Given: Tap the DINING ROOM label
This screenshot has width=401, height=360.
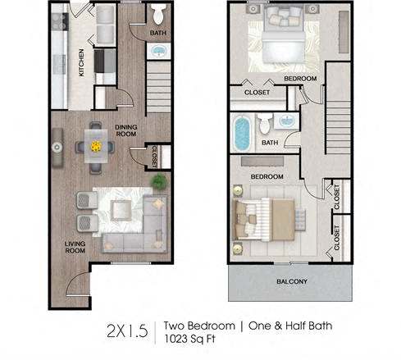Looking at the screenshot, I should pyautogui.click(x=125, y=130).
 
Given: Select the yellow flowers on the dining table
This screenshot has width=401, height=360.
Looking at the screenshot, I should pyautogui.click(x=97, y=147).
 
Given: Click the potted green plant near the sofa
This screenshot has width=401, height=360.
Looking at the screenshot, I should pyautogui.click(x=157, y=180).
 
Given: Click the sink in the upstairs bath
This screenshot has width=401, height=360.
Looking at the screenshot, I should pyautogui.click(x=288, y=124).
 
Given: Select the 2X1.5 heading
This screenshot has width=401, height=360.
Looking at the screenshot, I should pyautogui.click(x=126, y=330).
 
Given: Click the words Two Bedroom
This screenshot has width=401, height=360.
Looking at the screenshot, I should pyautogui.click(x=195, y=325).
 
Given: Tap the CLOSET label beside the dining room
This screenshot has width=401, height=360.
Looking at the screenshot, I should pyautogui.click(x=153, y=155).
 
